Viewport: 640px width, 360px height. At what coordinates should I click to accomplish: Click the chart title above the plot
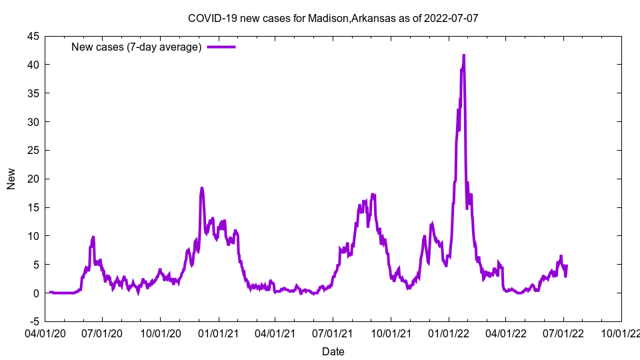(x=333, y=18)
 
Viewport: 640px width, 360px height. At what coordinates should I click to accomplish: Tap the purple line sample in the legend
(x=221, y=47)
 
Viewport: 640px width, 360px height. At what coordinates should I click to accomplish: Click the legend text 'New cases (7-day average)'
(x=137, y=47)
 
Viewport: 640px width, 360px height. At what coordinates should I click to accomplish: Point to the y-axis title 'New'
(x=11, y=179)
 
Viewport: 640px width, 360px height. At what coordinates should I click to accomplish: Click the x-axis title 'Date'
(x=333, y=351)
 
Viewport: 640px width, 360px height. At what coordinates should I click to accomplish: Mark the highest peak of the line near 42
(x=463, y=55)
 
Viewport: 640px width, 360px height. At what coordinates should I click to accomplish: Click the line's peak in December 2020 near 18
(x=201, y=188)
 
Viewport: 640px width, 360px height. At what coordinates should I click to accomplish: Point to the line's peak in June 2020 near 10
(x=93, y=237)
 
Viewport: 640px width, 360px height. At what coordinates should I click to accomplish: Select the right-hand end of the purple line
(x=567, y=266)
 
